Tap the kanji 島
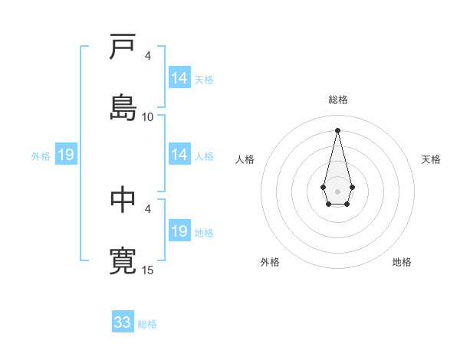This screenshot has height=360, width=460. [123, 107]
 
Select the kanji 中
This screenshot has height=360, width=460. [123, 199]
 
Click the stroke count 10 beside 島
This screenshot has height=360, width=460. [148, 116]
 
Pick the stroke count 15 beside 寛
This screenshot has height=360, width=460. [148, 270]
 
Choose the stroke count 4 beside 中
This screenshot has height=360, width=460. [148, 208]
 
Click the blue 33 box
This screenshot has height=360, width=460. [123, 322]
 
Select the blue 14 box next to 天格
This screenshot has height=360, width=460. [179, 78]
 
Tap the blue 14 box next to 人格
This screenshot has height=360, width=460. [179, 155]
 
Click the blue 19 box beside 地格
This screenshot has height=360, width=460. [179, 231]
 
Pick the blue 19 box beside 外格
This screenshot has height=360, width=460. [65, 155]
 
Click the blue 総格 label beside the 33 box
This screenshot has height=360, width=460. [147, 324]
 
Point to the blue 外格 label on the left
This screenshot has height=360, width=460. [41, 156]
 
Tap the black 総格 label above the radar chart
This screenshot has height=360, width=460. [337, 100]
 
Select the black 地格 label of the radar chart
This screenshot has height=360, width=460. [402, 262]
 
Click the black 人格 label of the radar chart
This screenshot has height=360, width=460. [245, 159]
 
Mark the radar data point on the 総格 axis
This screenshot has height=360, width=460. [337, 130]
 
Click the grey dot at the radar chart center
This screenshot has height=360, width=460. [337, 191]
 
